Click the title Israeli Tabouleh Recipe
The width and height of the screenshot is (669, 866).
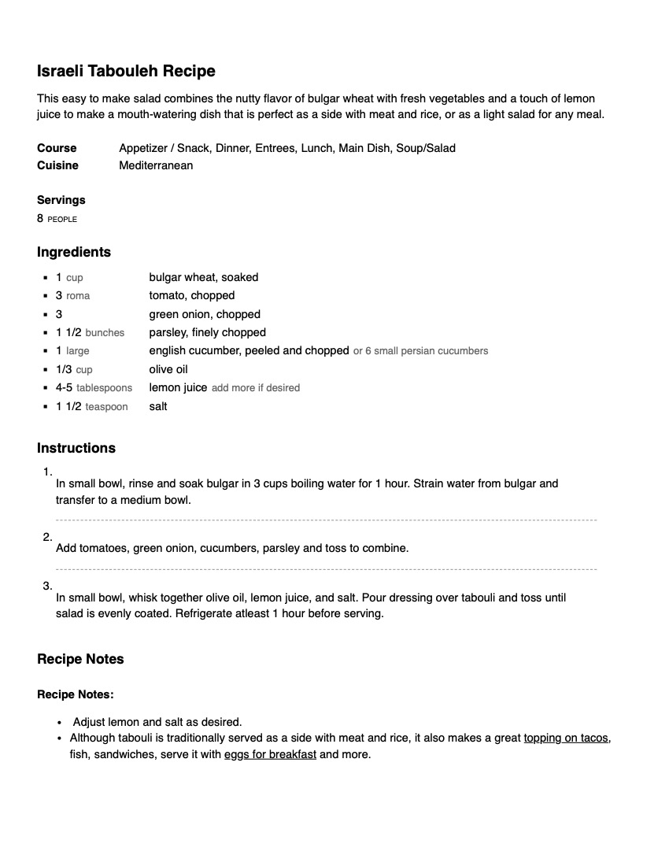(x=126, y=71)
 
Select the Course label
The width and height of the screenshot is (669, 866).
(x=57, y=148)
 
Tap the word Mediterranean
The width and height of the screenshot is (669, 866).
(x=156, y=165)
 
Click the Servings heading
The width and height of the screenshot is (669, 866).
(x=61, y=200)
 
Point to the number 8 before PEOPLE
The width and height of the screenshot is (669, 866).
(x=40, y=218)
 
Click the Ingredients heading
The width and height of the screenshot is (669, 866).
(x=74, y=252)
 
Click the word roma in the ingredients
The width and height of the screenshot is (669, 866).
(x=78, y=296)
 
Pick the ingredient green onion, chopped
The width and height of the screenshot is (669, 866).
(x=205, y=314)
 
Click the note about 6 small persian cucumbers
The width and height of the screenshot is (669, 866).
(x=420, y=351)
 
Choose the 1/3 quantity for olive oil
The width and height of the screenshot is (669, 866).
(x=64, y=369)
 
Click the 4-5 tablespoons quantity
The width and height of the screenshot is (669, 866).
(x=94, y=387)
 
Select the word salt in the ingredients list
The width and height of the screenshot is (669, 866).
(x=158, y=406)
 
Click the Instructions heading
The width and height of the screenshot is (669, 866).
(x=76, y=448)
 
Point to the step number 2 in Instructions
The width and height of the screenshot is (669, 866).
(x=47, y=538)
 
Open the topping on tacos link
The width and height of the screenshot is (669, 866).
(x=566, y=738)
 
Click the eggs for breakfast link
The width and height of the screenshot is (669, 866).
(x=270, y=754)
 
